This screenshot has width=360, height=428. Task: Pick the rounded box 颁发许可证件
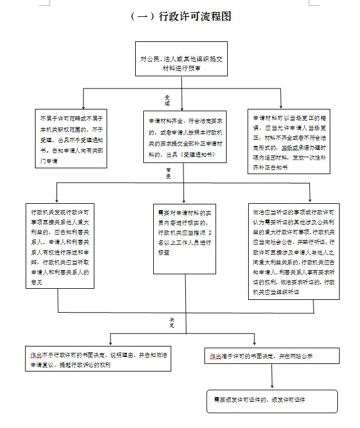coord(272,400)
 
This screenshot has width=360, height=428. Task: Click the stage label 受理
coord(167,100)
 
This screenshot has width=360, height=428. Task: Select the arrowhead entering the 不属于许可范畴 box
coord(84,106)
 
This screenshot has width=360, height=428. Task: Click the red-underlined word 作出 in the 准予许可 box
coord(215,355)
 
